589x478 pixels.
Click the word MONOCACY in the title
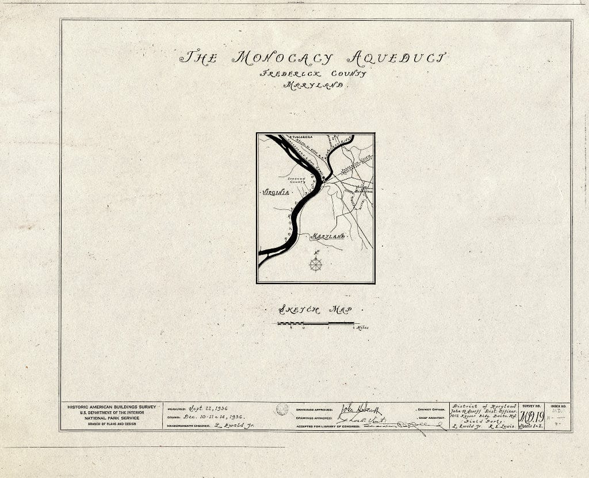click(282, 58)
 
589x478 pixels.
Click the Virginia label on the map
click(275, 193)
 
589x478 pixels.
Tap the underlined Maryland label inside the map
click(328, 236)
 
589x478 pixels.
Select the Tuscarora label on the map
click(301, 137)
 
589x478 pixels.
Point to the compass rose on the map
click(316, 264)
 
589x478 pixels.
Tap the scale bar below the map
click(316, 324)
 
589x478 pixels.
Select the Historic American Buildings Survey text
click(112, 407)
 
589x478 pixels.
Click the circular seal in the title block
click(281, 409)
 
